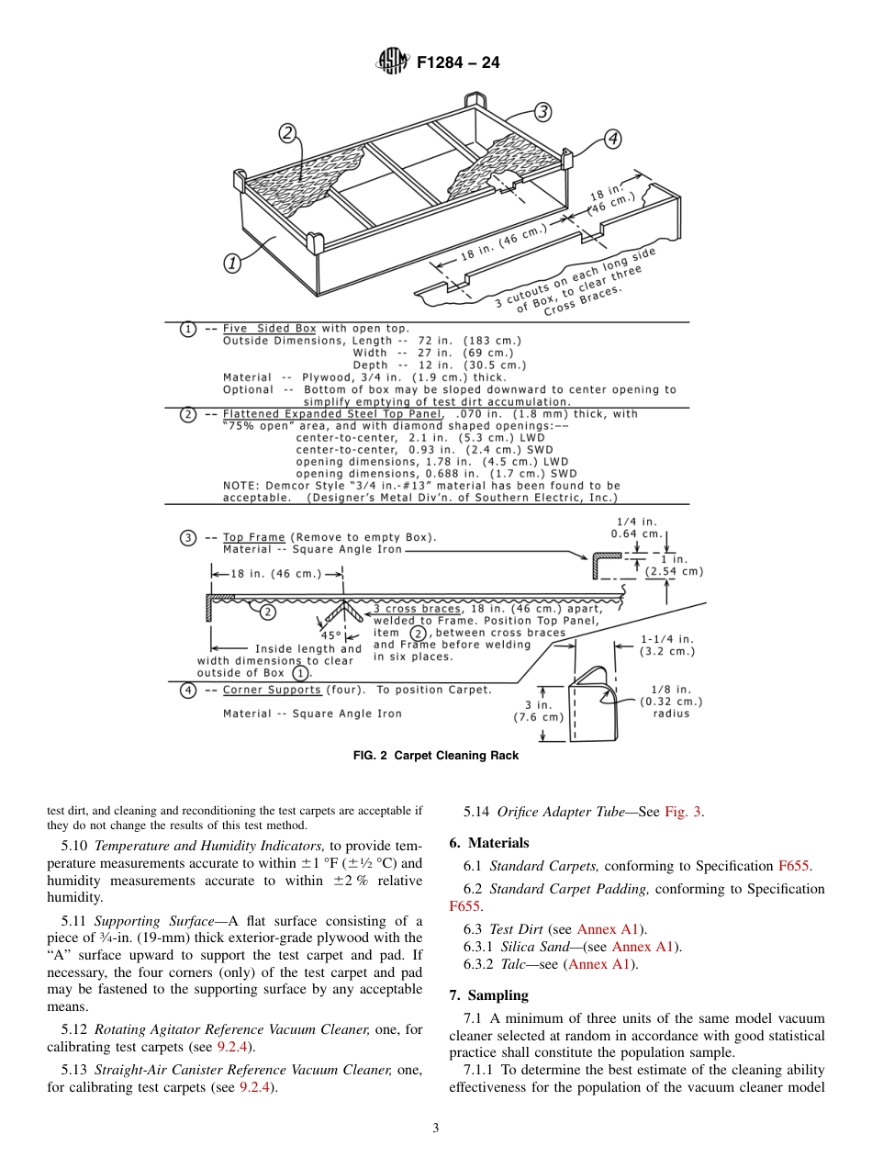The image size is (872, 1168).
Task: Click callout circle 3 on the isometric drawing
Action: [542, 112]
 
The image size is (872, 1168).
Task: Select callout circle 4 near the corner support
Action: [612, 139]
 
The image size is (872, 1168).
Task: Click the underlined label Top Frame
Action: [253, 537]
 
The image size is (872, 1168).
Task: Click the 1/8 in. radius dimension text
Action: [670, 702]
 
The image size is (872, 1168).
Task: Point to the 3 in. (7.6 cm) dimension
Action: [538, 711]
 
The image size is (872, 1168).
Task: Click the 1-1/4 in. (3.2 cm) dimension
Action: [667, 645]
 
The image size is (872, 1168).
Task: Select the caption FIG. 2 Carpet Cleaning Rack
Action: [436, 756]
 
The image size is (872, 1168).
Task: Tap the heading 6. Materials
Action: [489, 843]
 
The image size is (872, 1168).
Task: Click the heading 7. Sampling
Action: [488, 995]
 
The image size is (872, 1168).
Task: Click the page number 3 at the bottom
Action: [436, 1129]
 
